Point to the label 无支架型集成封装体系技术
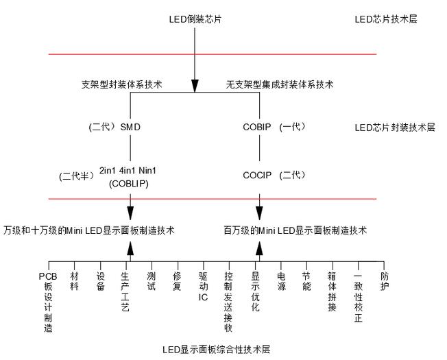coord(280,85)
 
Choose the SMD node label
coord(134,128)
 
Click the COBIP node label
coord(258,128)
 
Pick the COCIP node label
coord(258,175)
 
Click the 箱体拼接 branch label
coord(332,291)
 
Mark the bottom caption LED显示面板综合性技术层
coord(216,350)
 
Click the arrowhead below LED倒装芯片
coord(195,85)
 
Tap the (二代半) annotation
coord(75,176)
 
